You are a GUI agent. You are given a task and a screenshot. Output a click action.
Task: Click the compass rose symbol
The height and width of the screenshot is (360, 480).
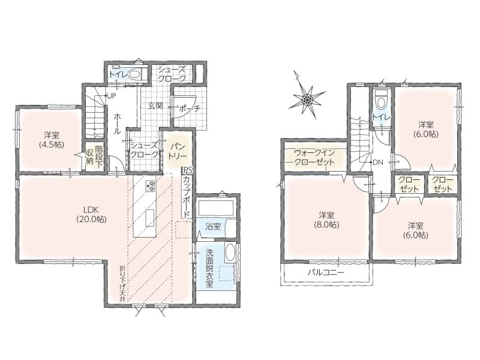(x=306, y=98)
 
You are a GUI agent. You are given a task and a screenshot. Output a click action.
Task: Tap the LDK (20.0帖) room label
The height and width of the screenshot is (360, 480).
(x=91, y=214)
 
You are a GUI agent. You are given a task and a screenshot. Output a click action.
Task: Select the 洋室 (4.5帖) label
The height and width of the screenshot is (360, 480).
(x=52, y=140)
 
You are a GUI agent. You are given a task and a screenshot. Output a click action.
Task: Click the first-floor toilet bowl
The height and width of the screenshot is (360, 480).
(x=134, y=74)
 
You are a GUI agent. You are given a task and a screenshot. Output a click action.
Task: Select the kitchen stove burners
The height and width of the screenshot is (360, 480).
(x=151, y=186)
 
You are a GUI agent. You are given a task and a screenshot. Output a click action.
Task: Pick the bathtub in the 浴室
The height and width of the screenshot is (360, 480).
(x=216, y=208)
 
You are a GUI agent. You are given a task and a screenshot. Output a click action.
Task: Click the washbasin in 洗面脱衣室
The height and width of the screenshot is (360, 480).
(x=229, y=252)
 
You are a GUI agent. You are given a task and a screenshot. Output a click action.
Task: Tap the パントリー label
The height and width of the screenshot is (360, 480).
(x=177, y=151)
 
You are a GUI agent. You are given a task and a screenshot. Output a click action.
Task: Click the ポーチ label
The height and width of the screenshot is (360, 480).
(x=189, y=109)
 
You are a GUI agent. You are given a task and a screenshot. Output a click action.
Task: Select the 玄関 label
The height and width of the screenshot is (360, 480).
(x=155, y=106)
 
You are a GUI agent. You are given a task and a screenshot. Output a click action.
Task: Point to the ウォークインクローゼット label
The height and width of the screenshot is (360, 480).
(x=314, y=157)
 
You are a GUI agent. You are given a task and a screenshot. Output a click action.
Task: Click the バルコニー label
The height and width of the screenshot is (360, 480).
(x=326, y=272)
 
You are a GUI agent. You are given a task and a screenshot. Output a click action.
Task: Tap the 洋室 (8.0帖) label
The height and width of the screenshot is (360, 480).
(x=326, y=220)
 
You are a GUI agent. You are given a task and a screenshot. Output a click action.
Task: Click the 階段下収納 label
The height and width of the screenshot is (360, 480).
(x=94, y=155)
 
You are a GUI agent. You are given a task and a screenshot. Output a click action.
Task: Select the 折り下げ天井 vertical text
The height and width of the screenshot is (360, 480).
(x=122, y=284)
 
